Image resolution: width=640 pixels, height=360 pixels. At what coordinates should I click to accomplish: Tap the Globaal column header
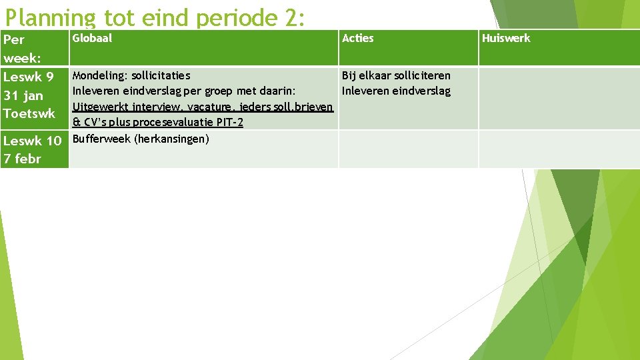point(92,38)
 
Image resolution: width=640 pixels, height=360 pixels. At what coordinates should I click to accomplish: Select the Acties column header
point(357,38)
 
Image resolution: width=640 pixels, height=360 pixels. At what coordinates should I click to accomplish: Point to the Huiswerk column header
point(506,38)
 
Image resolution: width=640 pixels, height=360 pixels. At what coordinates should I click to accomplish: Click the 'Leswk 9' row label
point(29,77)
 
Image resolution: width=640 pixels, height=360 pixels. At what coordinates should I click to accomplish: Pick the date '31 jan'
point(23,95)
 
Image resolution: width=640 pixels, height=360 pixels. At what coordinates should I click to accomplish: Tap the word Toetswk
point(29,113)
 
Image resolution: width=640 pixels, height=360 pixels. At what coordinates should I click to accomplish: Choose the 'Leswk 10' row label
point(33,141)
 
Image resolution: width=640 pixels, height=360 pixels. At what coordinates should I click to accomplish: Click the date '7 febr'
point(23,159)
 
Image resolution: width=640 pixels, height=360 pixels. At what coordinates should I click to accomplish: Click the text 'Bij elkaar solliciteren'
point(396,75)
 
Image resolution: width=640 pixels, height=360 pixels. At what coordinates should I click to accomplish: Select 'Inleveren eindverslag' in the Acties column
point(396,91)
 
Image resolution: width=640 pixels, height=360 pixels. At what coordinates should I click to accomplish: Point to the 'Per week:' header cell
point(23,48)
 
